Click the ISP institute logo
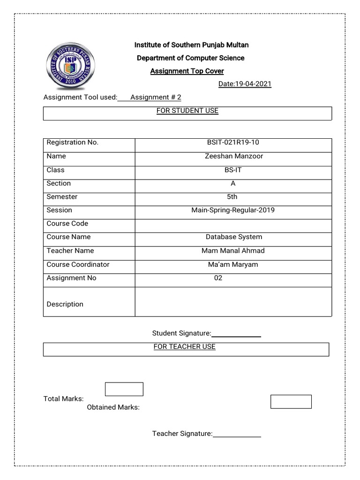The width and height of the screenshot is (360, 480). coord(70,66)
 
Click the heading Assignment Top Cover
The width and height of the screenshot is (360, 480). coord(187,71)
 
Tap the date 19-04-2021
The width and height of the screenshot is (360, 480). coord(245,84)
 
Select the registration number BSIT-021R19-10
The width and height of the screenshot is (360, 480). coord(233,142)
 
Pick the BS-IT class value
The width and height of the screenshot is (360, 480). coord(233,170)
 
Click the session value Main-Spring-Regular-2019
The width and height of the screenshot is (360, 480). coord(233,210)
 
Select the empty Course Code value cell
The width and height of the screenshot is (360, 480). coord(233,224)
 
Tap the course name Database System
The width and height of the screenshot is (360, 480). coord(233,237)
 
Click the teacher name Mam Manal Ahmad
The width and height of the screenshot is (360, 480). coord(233,251)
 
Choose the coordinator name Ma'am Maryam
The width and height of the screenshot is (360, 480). coord(233,264)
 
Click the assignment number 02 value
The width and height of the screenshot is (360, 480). coord(218,278)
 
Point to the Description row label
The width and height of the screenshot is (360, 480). coord(65,304)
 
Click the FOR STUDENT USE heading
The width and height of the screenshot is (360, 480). coord(187,111)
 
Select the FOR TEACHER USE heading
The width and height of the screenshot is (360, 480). coord(184,347)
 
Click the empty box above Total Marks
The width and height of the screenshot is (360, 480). coord(124,389)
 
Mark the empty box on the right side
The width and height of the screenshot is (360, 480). coord(291,402)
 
